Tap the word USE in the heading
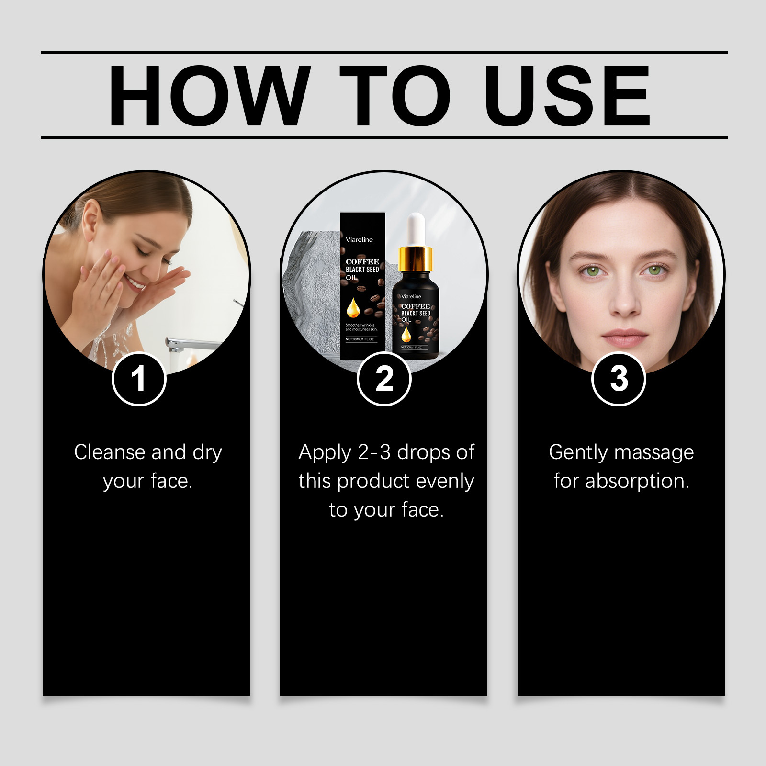[567, 96]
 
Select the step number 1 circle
[139, 379]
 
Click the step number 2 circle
[384, 379]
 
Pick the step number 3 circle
[619, 379]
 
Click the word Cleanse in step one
[110, 452]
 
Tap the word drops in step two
[423, 452]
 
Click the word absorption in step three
[637, 481]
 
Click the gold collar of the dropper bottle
[415, 259]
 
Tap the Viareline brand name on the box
[359, 240]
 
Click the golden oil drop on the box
[353, 308]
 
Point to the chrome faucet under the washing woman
[191, 344]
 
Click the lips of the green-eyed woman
[624, 338]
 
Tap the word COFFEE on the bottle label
[416, 306]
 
